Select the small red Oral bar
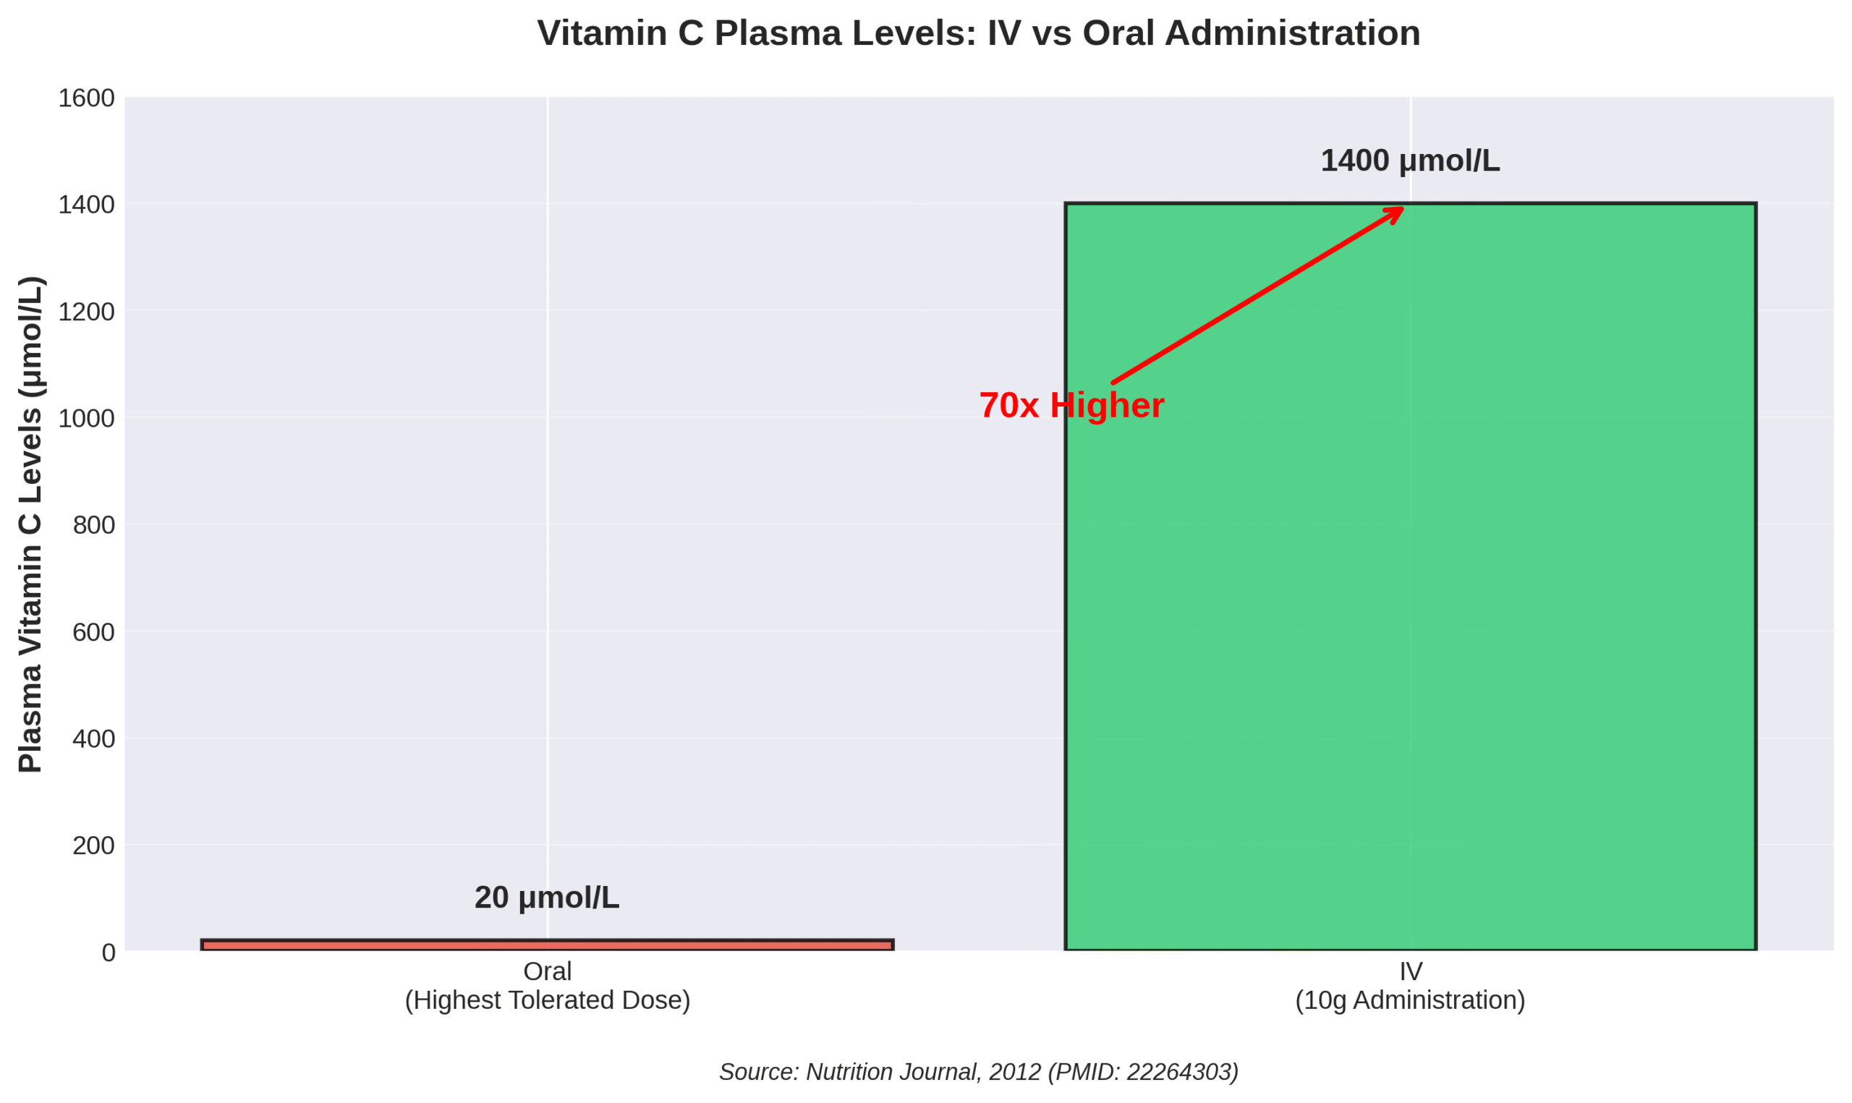pos(547,945)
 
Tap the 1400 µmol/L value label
pos(1410,161)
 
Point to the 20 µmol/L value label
pos(547,898)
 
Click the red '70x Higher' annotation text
pos(1071,406)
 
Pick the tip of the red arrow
pos(1401,209)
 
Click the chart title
pos(978,33)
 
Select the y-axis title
pos(31,525)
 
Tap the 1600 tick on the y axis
pos(86,98)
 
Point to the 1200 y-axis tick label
pos(86,312)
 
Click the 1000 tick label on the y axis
pos(86,420)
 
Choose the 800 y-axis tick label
pos(93,526)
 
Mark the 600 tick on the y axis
pos(93,633)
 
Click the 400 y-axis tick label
pos(93,738)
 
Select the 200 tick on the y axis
pos(93,846)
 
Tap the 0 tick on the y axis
pos(109,953)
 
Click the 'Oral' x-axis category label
pos(547,971)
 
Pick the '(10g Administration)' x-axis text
pos(1410,1000)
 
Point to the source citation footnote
pos(978,1072)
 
